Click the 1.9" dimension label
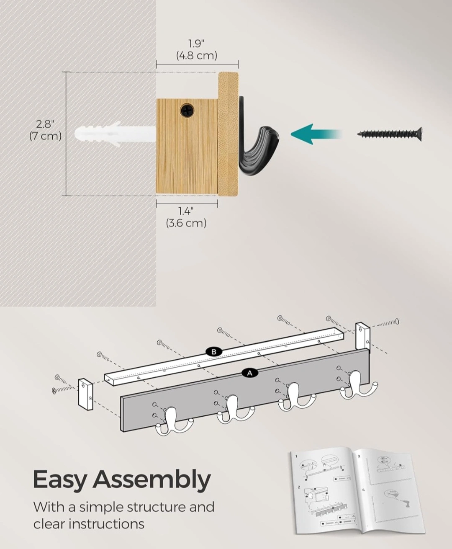click(196, 44)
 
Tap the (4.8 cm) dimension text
click(197, 56)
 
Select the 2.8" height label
click(45, 124)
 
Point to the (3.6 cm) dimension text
click(186, 223)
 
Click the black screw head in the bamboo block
click(187, 111)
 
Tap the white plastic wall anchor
click(115, 134)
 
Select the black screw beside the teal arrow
click(390, 134)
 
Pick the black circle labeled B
click(214, 352)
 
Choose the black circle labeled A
click(250, 373)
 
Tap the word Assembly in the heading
click(152, 479)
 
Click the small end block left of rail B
click(86, 394)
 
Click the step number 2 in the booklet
click(299, 487)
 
